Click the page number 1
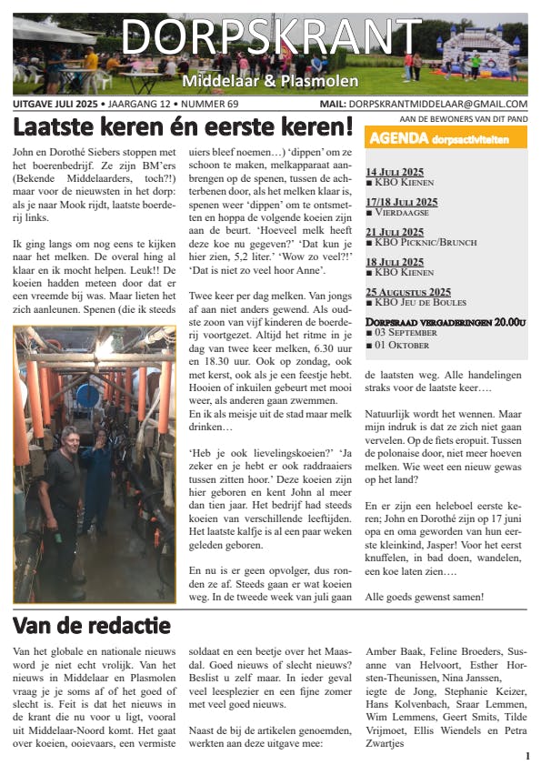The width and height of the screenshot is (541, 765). pos(527,756)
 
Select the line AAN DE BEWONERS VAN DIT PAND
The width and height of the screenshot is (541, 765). pos(463,119)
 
